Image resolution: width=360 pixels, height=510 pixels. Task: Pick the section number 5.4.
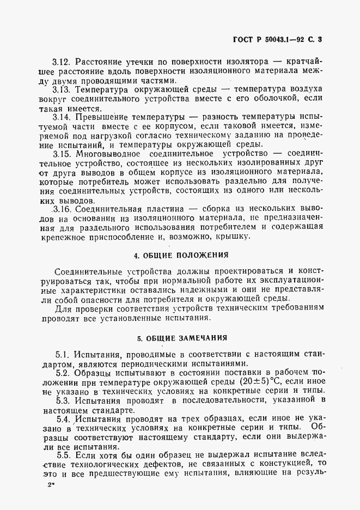(x=64, y=420)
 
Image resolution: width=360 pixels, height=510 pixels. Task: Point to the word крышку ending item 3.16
(x=235, y=238)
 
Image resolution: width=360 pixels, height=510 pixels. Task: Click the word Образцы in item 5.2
(x=95, y=373)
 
